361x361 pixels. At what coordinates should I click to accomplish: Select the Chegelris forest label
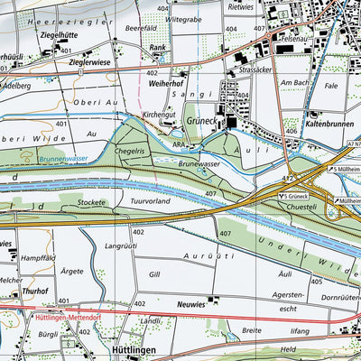tap(130, 152)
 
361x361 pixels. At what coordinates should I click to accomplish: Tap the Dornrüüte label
tap(341, 297)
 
